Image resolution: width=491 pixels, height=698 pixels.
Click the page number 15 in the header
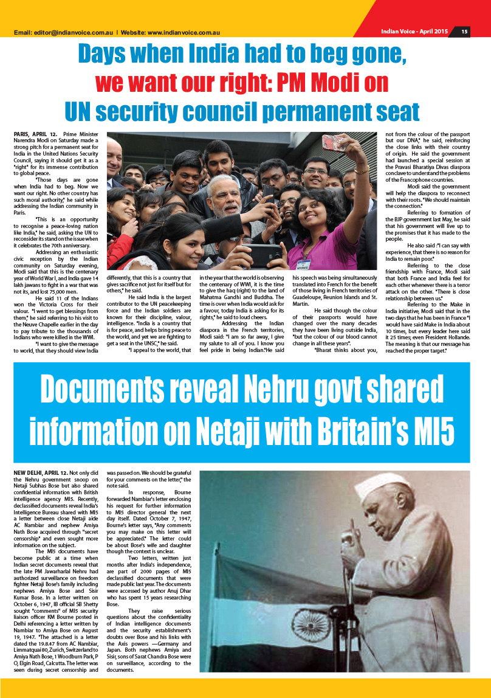point(464,32)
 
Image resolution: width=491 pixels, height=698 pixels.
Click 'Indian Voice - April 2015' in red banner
point(414,32)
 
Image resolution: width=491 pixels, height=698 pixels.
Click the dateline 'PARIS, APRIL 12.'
point(35,133)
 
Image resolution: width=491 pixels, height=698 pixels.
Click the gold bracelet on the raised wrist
point(362,170)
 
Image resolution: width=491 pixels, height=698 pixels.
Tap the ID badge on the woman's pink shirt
point(304,264)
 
